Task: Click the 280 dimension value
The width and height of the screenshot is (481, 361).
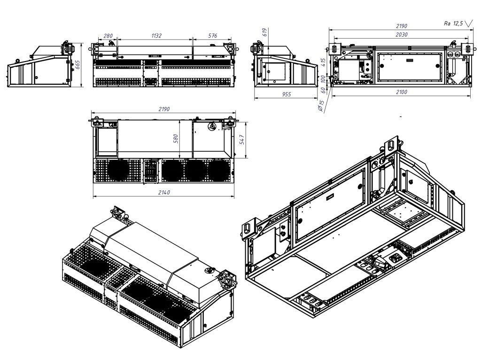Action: [x=108, y=36]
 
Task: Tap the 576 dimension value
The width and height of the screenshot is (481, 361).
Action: [x=212, y=36]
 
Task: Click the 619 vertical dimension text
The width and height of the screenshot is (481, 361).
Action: [x=264, y=32]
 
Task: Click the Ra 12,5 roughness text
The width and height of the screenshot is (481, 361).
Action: [x=454, y=23]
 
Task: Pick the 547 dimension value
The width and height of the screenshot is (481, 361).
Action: [x=242, y=141]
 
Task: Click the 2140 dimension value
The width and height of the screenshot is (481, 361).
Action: [x=163, y=192]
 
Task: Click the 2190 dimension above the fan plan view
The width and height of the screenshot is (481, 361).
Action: [x=163, y=109]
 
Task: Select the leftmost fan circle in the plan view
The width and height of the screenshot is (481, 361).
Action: [x=117, y=170]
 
